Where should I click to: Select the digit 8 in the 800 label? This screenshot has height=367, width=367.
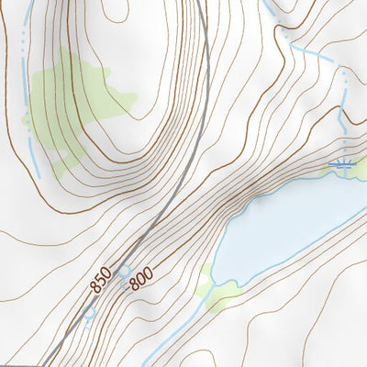point(133,285)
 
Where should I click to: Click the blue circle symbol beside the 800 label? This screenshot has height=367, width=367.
point(124,272)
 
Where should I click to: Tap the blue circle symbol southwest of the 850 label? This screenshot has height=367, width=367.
point(89,313)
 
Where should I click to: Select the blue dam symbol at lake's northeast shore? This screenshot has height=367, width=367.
point(340,165)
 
